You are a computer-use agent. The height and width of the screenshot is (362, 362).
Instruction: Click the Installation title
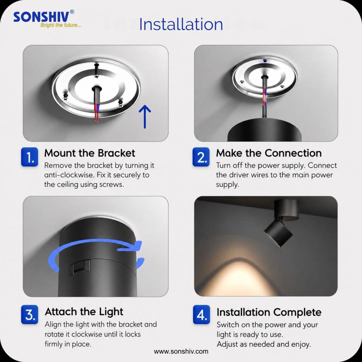tap(181, 24)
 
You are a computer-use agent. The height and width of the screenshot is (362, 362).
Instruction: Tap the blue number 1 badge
tap(30, 157)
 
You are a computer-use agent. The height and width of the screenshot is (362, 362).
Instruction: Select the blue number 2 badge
tap(201, 157)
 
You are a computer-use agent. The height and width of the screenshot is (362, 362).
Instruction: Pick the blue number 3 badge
tap(30, 315)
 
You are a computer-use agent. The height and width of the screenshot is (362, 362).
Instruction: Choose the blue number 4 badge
tap(202, 315)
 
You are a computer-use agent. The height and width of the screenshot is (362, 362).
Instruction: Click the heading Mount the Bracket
tap(89, 153)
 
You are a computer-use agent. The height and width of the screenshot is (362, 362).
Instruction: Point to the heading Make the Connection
tap(269, 153)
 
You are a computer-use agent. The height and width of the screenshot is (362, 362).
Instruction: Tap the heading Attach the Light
tap(84, 312)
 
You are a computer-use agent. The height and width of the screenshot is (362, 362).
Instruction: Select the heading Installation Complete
tap(269, 312)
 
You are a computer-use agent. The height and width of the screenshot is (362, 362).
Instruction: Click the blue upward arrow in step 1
tap(145, 117)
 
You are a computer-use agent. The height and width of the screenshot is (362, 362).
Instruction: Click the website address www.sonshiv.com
tap(181, 352)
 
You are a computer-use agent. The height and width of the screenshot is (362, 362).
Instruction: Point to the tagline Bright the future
tap(61, 25)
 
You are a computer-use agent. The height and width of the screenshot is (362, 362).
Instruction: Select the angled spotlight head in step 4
tap(278, 233)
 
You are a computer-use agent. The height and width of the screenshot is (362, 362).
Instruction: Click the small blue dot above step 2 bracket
tap(265, 61)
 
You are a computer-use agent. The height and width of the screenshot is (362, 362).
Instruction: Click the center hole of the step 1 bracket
tap(97, 88)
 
